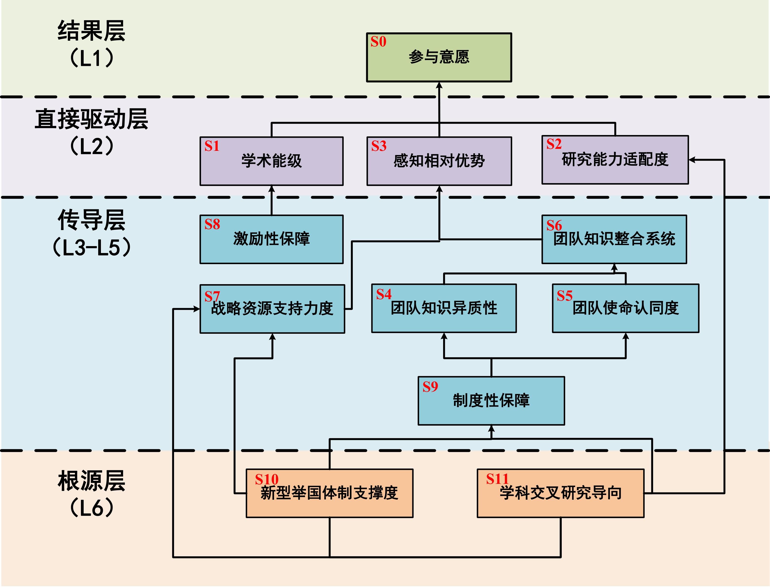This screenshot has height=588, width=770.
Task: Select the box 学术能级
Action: pyautogui.click(x=271, y=161)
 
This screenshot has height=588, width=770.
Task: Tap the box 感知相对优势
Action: pyautogui.click(x=439, y=161)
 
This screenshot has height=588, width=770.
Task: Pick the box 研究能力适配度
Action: pyautogui.click(x=615, y=160)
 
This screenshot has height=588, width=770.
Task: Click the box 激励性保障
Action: pyautogui.click(x=271, y=239)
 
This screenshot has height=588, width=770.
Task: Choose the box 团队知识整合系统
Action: pyautogui.click(x=614, y=239)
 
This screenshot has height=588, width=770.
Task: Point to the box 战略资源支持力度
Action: pyautogui.click(x=272, y=309)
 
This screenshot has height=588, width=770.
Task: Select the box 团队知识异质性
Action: pyautogui.click(x=444, y=308)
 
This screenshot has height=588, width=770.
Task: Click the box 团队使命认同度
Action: pyautogui.click(x=625, y=308)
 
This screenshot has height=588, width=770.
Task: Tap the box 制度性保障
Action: pyautogui.click(x=491, y=401)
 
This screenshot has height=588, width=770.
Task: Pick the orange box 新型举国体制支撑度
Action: pyautogui.click(x=330, y=493)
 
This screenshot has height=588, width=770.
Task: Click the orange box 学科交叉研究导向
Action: pyautogui.click(x=561, y=493)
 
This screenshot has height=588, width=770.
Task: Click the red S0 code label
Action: pyautogui.click(x=378, y=42)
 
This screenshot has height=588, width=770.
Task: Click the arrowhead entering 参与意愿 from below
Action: pyautogui.click(x=439, y=85)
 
